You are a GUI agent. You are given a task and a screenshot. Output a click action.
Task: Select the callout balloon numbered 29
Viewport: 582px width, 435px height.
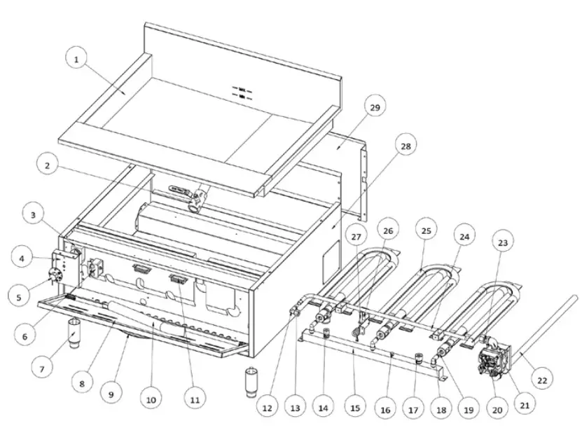click(x=375, y=107)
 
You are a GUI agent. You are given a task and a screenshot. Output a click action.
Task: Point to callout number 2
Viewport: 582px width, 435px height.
click(x=47, y=166)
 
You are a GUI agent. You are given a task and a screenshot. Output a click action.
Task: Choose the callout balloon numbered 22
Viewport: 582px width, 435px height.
click(x=541, y=381)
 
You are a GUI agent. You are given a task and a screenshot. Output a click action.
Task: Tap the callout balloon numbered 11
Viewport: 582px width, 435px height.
click(x=194, y=400)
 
